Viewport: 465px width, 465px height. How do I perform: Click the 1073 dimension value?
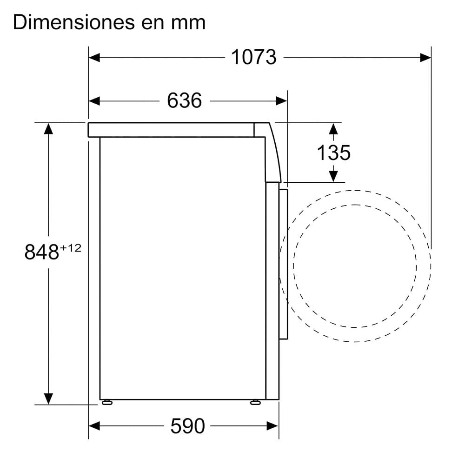point(253,58)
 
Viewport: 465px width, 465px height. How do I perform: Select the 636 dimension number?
point(185,101)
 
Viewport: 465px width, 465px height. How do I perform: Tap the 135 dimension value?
point(333,153)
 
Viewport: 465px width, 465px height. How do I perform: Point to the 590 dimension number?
point(188,425)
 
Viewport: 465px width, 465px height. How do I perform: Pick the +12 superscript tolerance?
point(70,248)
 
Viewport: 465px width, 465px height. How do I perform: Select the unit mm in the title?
point(190,22)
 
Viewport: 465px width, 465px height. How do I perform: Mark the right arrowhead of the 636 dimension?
point(281,101)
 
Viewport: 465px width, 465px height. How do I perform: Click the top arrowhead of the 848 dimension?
point(48,128)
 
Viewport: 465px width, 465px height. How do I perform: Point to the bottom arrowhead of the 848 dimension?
point(48,399)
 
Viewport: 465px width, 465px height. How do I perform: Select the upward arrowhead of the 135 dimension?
point(333,128)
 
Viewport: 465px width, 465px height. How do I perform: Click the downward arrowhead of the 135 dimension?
point(333,176)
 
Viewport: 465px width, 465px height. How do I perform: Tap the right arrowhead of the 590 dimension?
point(273,425)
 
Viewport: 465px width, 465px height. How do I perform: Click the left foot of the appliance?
point(106,402)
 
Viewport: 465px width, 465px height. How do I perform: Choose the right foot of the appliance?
point(255,402)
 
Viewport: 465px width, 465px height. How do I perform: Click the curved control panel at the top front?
point(273,153)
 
